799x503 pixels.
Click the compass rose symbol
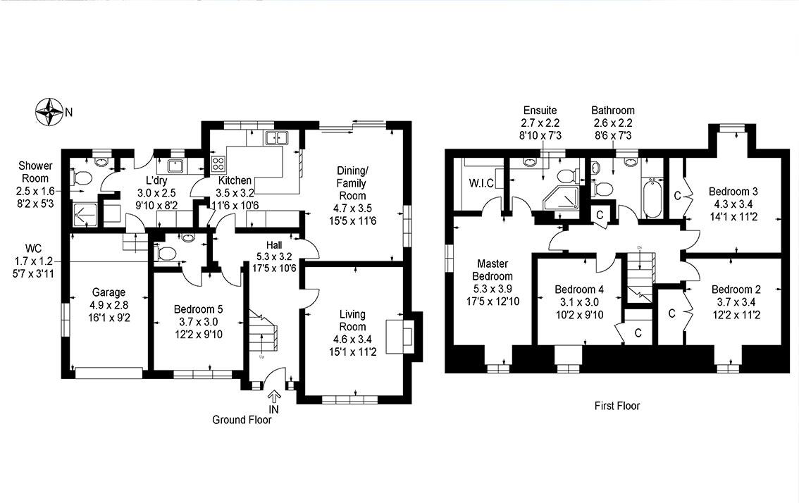click(49, 111)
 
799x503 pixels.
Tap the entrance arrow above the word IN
click(273, 397)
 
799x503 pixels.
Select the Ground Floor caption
click(242, 420)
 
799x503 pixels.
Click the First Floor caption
click(617, 406)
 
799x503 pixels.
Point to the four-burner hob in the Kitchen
click(218, 163)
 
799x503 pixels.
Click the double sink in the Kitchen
click(275, 137)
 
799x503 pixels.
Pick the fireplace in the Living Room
click(399, 336)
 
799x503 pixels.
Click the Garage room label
click(109, 292)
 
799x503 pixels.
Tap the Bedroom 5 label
click(198, 309)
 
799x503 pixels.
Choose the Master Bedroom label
click(493, 270)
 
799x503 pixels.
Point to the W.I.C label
click(481, 183)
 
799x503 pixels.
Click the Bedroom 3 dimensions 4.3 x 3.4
click(733, 204)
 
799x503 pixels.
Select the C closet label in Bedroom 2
click(671, 313)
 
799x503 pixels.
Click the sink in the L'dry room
click(177, 166)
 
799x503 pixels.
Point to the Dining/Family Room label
click(352, 183)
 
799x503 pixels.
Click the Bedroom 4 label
click(579, 290)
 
